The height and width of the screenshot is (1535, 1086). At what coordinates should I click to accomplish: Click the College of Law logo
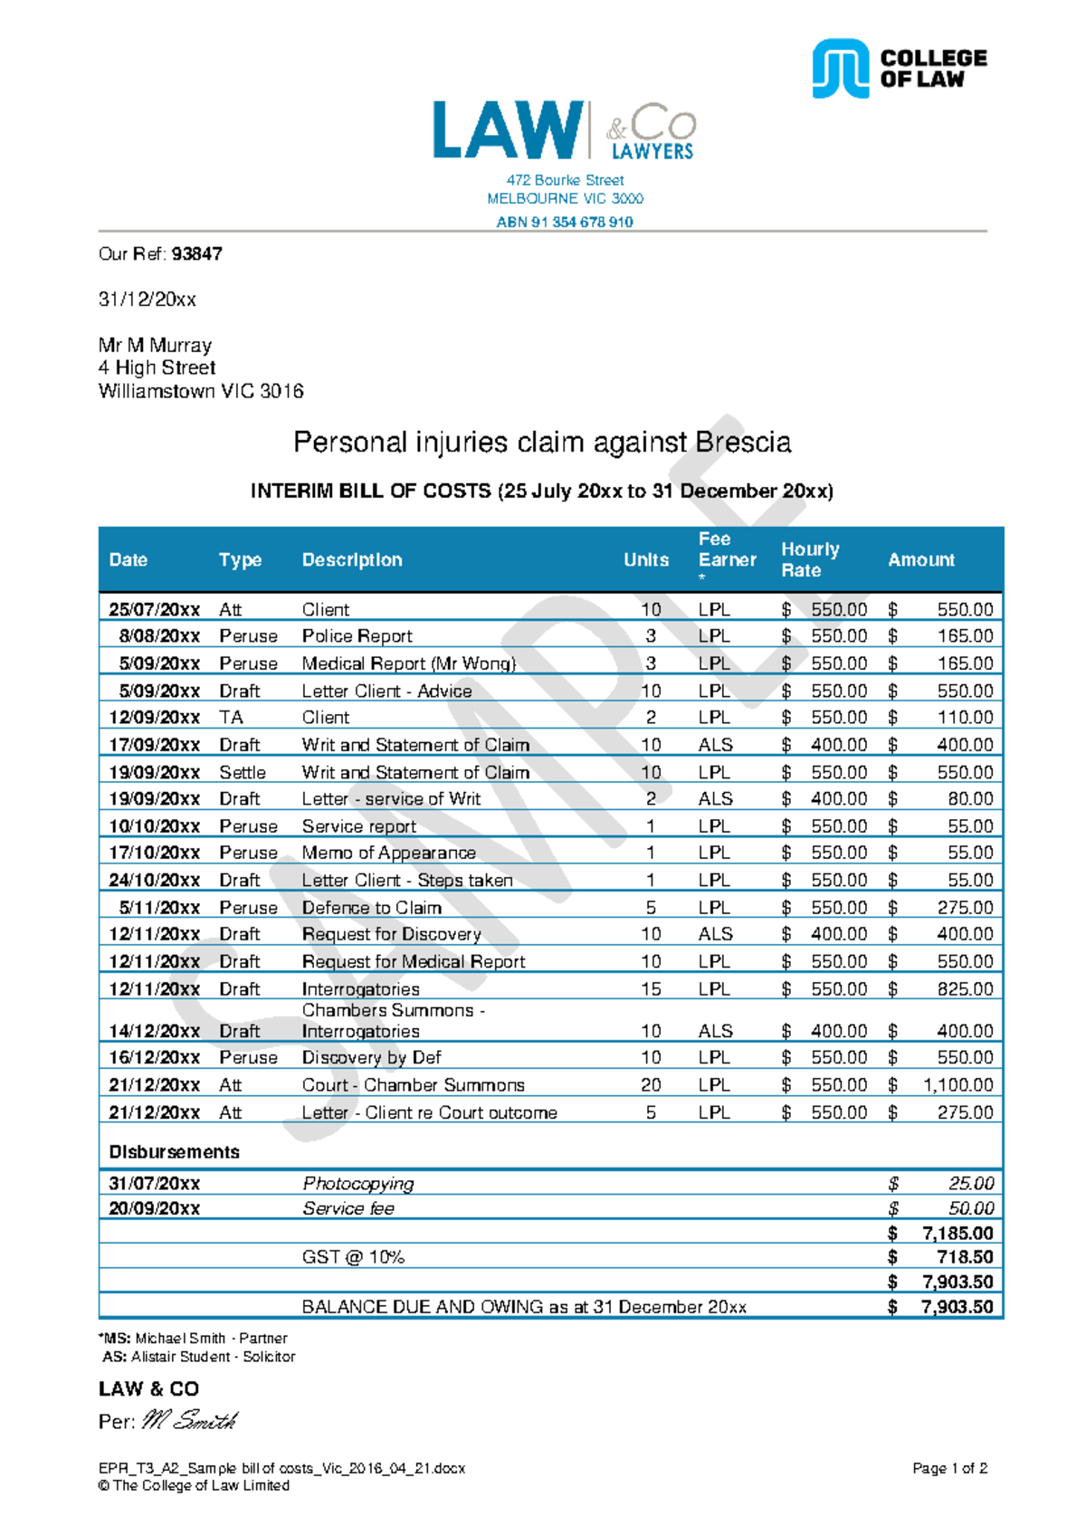pyautogui.click(x=898, y=69)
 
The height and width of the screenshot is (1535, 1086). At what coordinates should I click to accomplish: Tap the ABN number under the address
pyautogui.click(x=564, y=222)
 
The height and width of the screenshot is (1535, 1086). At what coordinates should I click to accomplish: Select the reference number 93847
pyautogui.click(x=196, y=254)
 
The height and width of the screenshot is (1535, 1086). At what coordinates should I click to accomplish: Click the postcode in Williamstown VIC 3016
pyautogui.click(x=281, y=391)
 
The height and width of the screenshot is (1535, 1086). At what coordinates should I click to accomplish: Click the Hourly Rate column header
pyautogui.click(x=810, y=559)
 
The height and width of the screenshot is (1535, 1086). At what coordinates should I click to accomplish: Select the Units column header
pyautogui.click(x=645, y=560)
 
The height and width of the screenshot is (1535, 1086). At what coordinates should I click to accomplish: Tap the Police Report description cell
pyautogui.click(x=357, y=636)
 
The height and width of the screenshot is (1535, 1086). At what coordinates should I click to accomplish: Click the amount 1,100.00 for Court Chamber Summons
pyautogui.click(x=957, y=1084)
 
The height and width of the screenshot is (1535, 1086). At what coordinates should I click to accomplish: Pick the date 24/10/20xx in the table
pyautogui.click(x=154, y=880)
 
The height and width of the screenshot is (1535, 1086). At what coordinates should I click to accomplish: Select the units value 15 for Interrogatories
pyautogui.click(x=651, y=988)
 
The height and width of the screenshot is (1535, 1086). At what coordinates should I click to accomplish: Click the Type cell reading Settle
pyautogui.click(x=242, y=772)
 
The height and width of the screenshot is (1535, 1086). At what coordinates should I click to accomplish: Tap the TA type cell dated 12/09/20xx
pyautogui.click(x=231, y=718)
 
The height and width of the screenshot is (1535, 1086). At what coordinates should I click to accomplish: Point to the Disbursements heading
pyautogui.click(x=174, y=1152)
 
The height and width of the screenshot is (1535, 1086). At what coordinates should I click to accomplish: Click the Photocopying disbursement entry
pyautogui.click(x=357, y=1184)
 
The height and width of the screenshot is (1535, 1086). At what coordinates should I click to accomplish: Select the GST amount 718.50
pyautogui.click(x=965, y=1257)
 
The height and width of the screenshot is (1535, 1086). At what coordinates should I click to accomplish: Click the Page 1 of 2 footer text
pyautogui.click(x=949, y=1468)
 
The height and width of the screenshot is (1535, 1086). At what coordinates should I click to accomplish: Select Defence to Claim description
pyautogui.click(x=371, y=908)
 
